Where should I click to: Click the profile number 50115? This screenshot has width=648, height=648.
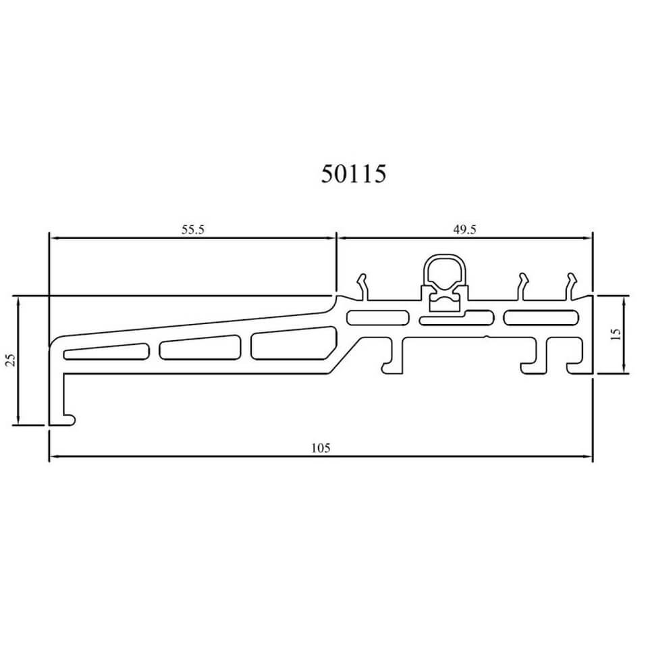pyautogui.click(x=353, y=173)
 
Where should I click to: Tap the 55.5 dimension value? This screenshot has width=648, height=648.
pyautogui.click(x=193, y=230)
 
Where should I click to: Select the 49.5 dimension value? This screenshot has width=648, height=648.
pyautogui.click(x=465, y=230)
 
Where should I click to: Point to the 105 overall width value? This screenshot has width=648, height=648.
pyautogui.click(x=321, y=448)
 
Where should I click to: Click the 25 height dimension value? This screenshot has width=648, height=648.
pyautogui.click(x=11, y=360)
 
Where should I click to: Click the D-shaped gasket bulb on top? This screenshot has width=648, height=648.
pyautogui.click(x=444, y=271)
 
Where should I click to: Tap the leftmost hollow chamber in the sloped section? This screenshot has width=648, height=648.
pyautogui.click(x=106, y=351)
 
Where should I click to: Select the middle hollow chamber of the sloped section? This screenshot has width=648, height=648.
pyautogui.click(x=200, y=347)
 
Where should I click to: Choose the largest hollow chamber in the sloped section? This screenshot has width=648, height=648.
pyautogui.click(x=294, y=343)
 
